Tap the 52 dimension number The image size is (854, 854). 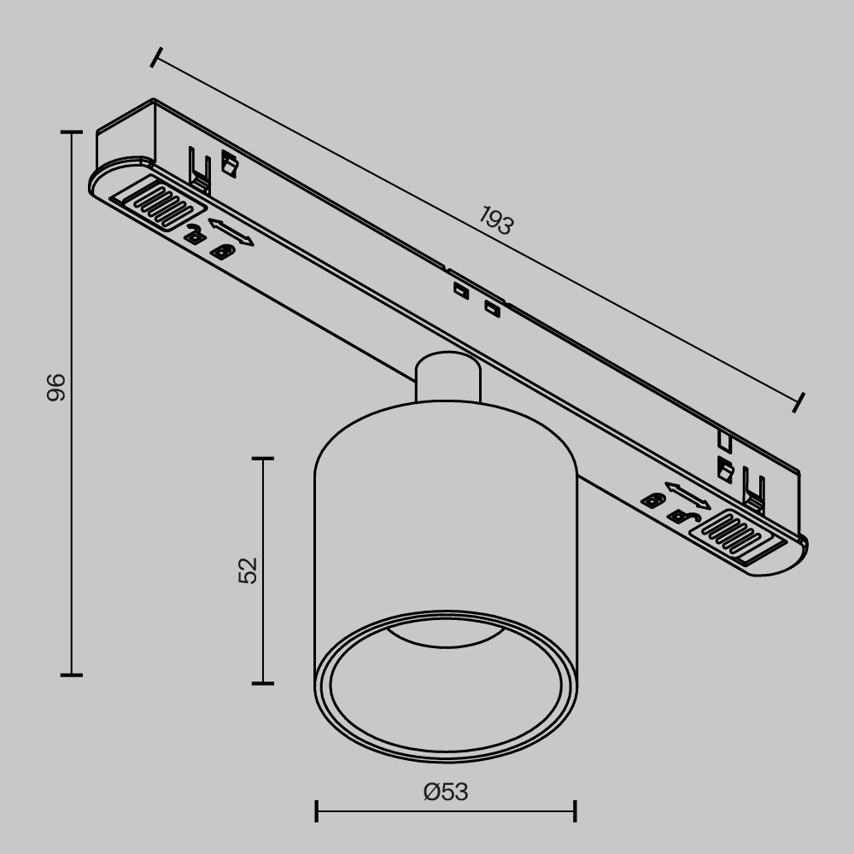coord(248,570)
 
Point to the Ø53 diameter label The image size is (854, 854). coord(446,793)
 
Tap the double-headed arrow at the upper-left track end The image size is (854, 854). coord(231,233)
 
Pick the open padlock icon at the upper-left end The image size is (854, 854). coord(196,233)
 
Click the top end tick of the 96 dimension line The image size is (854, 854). coord(72,132)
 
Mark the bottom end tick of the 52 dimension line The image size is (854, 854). coord(263,682)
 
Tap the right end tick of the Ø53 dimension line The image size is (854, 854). coord(575,811)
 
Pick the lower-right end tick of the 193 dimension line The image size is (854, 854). coord(798,402)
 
